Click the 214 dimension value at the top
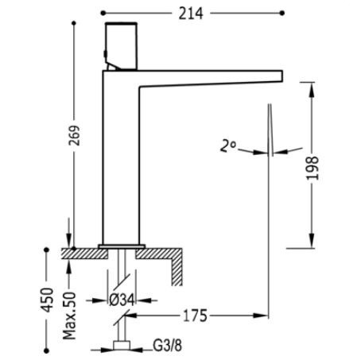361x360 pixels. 191,14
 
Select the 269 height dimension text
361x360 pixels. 75,135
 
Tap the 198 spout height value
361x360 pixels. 312,168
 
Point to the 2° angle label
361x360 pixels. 227,146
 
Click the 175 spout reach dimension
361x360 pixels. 195,315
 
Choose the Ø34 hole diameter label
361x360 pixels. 122,300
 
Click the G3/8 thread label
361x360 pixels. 168,346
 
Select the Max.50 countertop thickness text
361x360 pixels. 69,315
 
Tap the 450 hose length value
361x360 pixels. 47,300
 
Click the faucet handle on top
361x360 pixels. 122,46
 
